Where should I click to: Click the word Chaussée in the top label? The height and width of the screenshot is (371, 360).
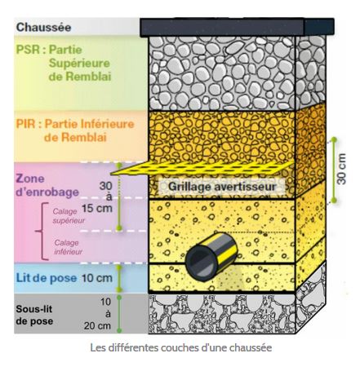43,27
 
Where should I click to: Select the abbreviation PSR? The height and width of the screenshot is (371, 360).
29,50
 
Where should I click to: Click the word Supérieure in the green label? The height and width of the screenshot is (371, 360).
79,64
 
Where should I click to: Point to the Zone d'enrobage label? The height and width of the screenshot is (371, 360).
47,185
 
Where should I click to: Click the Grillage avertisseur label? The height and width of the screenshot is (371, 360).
222,187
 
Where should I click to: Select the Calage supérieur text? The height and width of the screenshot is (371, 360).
69,216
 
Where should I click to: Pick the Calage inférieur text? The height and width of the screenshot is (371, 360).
68,247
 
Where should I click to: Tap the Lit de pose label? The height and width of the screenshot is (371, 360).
47,278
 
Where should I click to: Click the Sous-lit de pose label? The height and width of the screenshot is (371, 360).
34,315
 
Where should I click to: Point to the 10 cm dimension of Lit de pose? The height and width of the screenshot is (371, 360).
97,278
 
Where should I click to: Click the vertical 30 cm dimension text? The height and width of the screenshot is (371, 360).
341,169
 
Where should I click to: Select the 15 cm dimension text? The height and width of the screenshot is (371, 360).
97,208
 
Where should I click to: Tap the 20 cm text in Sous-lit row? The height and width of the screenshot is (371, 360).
97,325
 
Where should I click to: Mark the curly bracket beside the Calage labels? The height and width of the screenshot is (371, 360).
42,232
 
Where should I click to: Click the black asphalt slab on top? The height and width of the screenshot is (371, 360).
237,27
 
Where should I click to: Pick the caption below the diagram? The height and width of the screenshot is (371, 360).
180,347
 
